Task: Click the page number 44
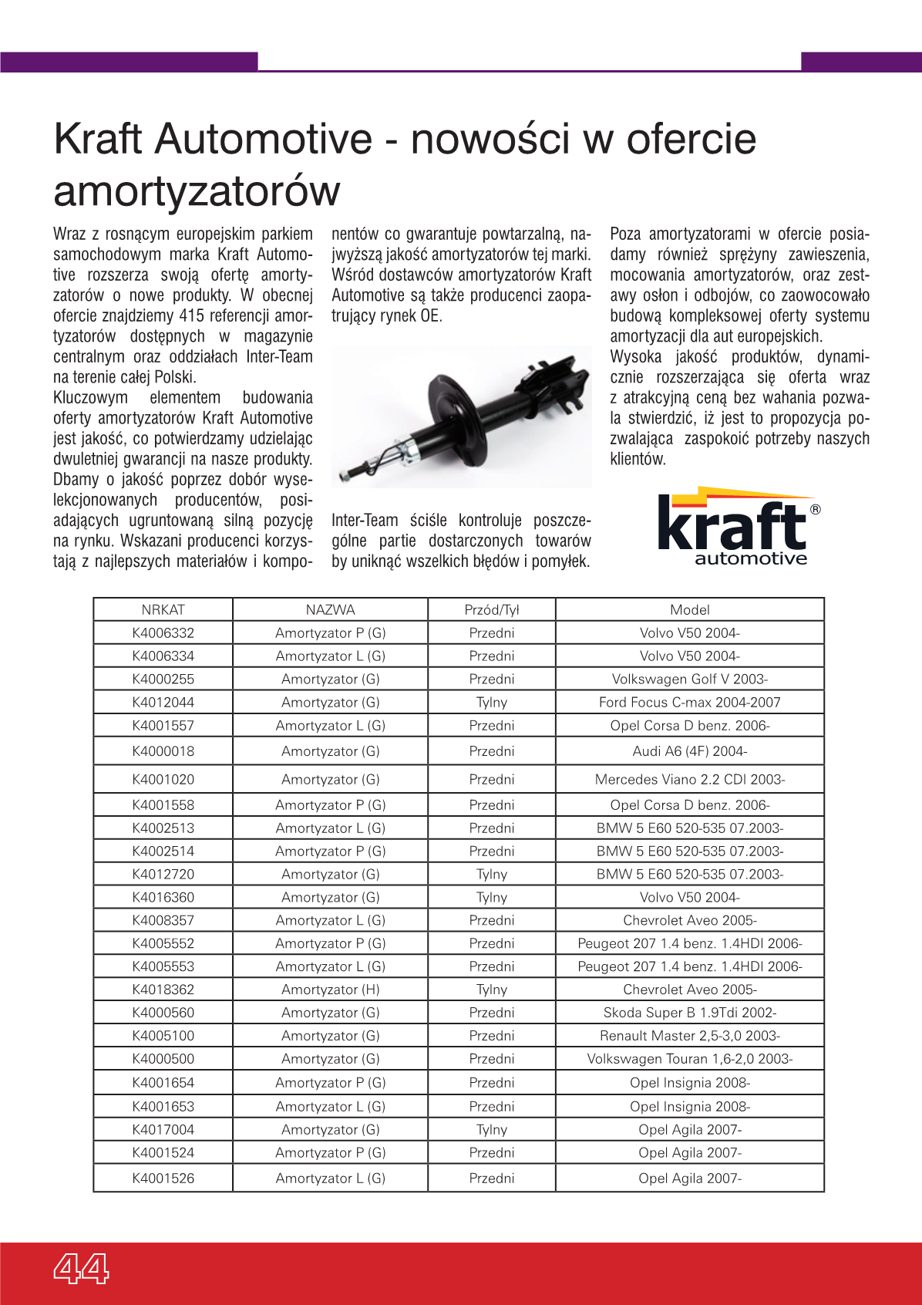pos(81,1267)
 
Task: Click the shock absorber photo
pos(461,416)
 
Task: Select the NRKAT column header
pos(163,609)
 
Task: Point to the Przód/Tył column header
pos(492,609)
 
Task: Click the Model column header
pos(689,609)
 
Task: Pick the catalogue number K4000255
pos(163,679)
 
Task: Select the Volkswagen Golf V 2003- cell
pos(689,679)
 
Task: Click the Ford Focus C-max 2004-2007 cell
pos(689,702)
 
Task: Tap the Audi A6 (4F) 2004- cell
pos(689,750)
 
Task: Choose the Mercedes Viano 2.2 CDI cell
pos(689,779)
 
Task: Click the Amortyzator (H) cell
pos(330,989)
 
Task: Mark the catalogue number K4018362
pos(163,989)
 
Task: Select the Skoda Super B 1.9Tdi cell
pos(689,1012)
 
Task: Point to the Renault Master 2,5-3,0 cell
pos(689,1035)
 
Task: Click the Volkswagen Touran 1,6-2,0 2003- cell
pos(689,1058)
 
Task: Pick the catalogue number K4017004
pos(163,1129)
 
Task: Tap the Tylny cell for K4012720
pos(492,874)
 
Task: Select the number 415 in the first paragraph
pos(191,315)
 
